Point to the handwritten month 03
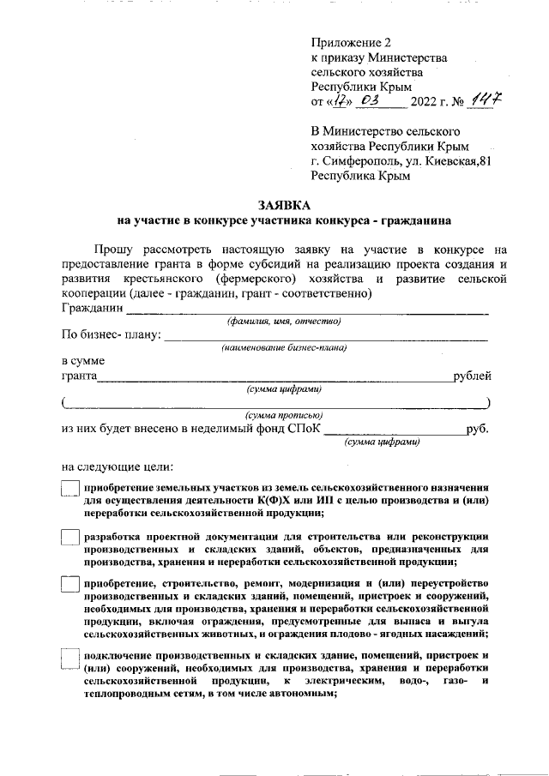371,101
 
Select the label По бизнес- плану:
112,334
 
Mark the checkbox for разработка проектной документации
70,537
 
